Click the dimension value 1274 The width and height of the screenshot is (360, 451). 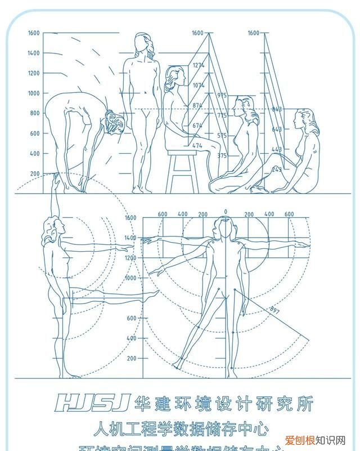point(198,65)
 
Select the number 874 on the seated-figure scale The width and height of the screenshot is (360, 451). point(197,105)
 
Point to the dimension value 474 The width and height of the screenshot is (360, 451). point(197,146)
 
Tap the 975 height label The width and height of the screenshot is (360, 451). point(222,95)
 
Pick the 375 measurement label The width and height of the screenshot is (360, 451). point(222,155)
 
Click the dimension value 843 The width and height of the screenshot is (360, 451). point(277,109)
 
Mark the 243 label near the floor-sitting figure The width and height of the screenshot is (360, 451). point(277,169)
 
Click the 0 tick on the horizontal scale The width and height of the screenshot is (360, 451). point(226,212)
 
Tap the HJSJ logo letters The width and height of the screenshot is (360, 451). point(93,402)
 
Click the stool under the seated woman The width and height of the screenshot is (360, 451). point(182,169)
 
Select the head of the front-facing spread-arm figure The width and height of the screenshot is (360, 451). point(226,227)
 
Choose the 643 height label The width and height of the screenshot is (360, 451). point(277,130)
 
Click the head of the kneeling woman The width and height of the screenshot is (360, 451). point(244,106)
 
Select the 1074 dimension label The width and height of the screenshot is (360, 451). point(198,86)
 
